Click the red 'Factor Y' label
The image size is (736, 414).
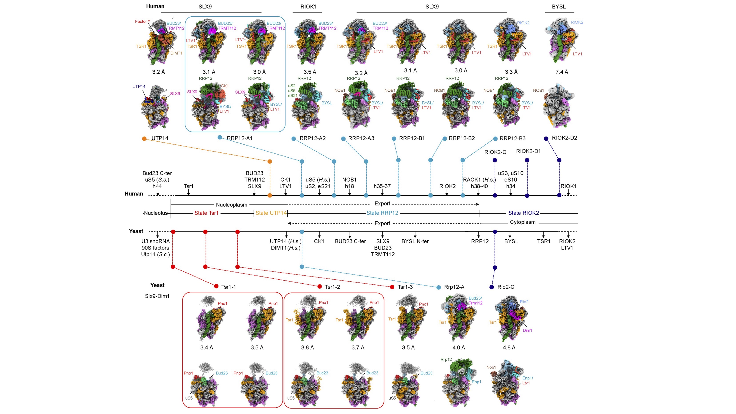click(x=142, y=21)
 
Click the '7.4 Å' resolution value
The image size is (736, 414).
click(x=561, y=72)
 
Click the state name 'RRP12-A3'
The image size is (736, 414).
click(x=361, y=139)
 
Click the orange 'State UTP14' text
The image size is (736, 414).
click(x=271, y=213)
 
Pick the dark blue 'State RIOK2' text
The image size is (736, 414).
click(x=523, y=213)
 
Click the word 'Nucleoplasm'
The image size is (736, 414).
click(x=231, y=205)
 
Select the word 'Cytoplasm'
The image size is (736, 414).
click(x=523, y=222)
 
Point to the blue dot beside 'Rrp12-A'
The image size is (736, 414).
click(x=439, y=287)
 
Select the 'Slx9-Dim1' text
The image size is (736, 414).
click(x=157, y=296)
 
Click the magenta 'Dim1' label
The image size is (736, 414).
click(x=527, y=331)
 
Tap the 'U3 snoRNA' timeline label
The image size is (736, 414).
click(x=155, y=241)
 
